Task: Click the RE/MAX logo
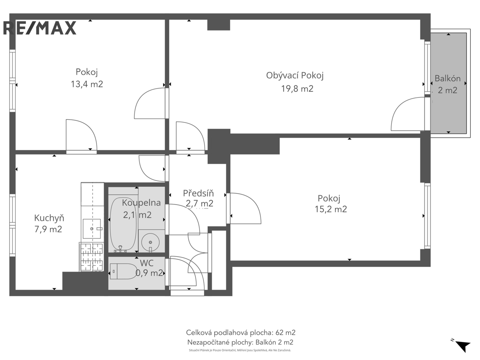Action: [40, 28]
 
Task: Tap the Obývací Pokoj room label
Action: [295, 76]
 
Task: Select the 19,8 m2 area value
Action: [297, 89]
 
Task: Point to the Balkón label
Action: [447, 78]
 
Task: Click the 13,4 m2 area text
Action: [87, 84]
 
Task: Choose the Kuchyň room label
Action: [49, 218]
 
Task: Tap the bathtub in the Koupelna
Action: [123, 224]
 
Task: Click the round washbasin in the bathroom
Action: [150, 242]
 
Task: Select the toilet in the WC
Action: [123, 271]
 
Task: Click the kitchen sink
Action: [92, 229]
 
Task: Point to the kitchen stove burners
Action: [92, 257]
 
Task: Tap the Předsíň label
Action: [198, 193]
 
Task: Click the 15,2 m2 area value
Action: [331, 209]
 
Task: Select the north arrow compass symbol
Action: [462, 346]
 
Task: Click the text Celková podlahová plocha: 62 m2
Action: [241, 332]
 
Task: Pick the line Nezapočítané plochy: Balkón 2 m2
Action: [240, 342]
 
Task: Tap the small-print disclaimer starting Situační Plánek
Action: [240, 350]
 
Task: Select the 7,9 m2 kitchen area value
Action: [48, 229]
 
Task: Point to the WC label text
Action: [147, 263]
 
